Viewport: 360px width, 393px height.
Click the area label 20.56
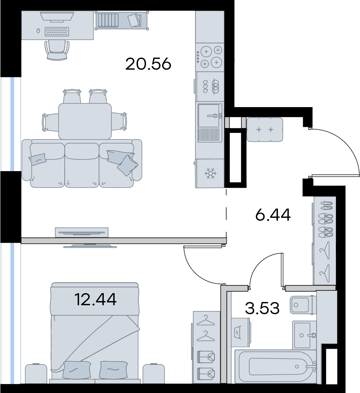click(x=148, y=64)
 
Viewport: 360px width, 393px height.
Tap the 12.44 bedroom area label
click(x=95, y=300)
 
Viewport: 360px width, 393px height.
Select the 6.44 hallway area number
click(x=273, y=215)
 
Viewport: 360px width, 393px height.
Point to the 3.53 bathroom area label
click(x=262, y=308)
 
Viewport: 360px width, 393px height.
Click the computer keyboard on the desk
click(x=57, y=32)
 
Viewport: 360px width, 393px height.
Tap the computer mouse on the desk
click(x=38, y=31)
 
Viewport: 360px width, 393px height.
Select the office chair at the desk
click(x=57, y=50)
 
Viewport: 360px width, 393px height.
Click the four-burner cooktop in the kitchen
click(x=210, y=57)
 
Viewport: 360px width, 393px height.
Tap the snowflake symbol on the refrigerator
click(x=210, y=173)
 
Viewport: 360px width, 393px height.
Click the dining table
click(x=85, y=121)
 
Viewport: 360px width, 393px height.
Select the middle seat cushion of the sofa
click(x=82, y=165)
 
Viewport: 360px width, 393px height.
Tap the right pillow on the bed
click(x=113, y=370)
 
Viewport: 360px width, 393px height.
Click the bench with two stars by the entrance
click(x=265, y=130)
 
